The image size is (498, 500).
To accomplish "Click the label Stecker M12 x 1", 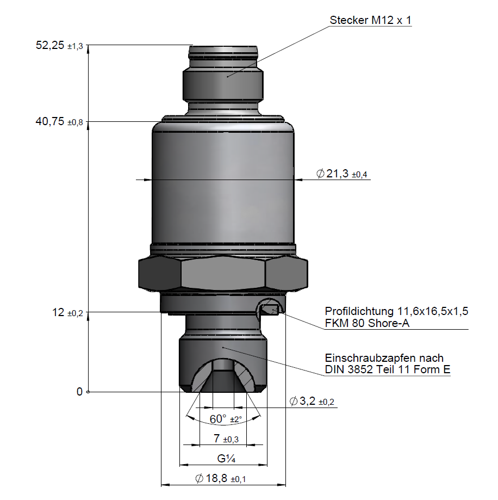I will pyautogui.click(x=371, y=21).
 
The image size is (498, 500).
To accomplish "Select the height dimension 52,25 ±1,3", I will pyautogui.click(x=59, y=46).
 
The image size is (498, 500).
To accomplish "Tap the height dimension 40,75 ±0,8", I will pyautogui.click(x=59, y=122).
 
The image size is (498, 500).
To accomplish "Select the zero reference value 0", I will pyautogui.click(x=79, y=392).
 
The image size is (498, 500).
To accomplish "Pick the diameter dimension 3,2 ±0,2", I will pyautogui.click(x=312, y=402).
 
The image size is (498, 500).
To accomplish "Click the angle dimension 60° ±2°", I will pyautogui.click(x=225, y=419).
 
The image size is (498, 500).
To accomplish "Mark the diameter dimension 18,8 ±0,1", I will pyautogui.click(x=220, y=479).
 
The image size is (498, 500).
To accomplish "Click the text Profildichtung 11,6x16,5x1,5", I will pyautogui.click(x=396, y=312).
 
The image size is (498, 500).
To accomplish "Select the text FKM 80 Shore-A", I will pyautogui.click(x=367, y=324).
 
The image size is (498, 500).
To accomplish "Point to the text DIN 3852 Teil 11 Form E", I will pyautogui.click(x=388, y=370).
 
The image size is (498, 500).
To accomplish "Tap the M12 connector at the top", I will pyautogui.click(x=223, y=76).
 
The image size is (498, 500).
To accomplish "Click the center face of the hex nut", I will pyautogui.click(x=223, y=275).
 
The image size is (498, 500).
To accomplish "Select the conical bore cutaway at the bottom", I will pyautogui.click(x=223, y=375).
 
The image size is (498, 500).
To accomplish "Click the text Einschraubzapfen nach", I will pyautogui.click(x=384, y=358).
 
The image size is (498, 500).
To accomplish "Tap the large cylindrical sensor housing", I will pyautogui.click(x=223, y=185).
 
